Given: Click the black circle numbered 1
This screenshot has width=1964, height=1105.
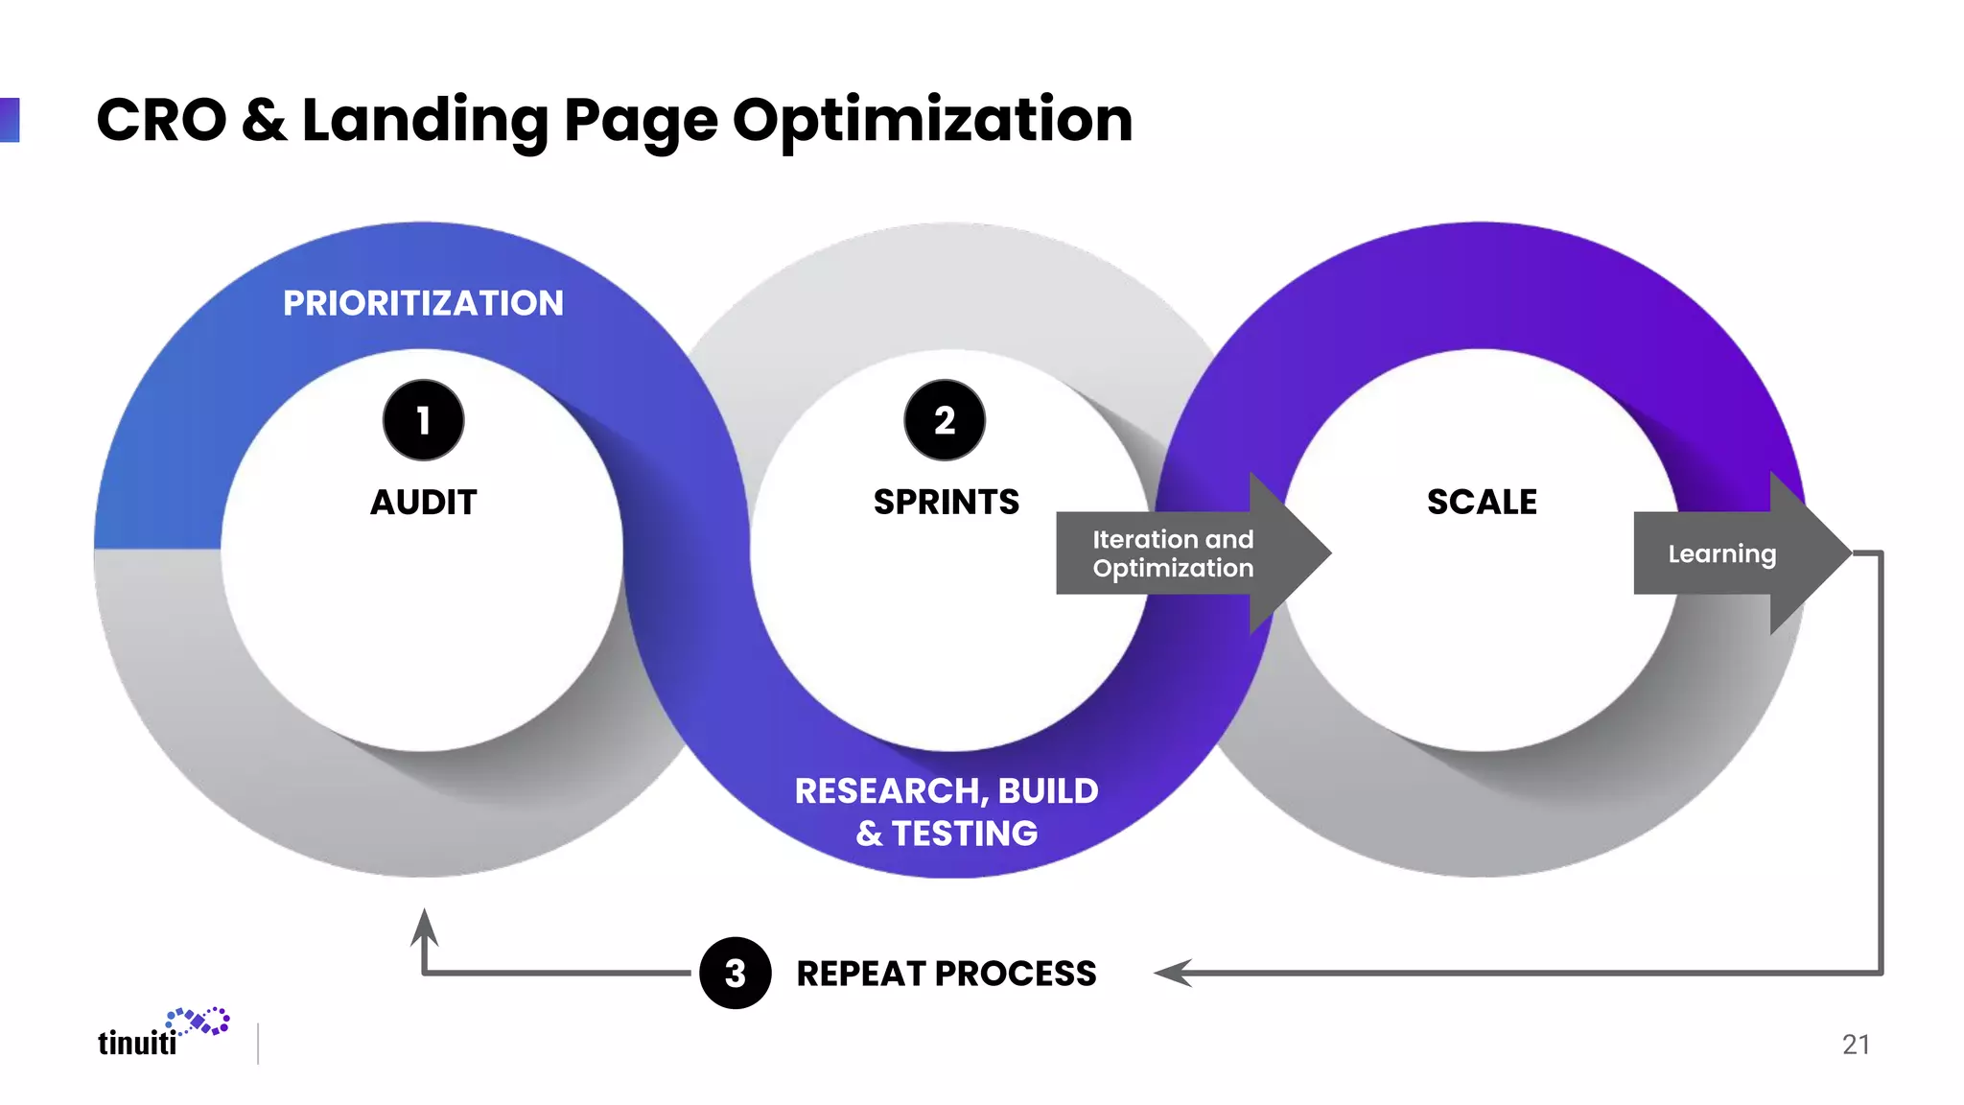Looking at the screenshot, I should (x=423, y=420).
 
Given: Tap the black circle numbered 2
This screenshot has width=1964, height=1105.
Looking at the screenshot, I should (x=945, y=420).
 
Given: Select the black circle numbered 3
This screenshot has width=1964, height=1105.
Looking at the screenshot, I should (x=736, y=973).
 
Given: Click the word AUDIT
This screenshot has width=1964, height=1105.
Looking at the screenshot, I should (x=423, y=502).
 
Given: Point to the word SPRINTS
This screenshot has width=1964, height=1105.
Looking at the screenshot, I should (x=946, y=502).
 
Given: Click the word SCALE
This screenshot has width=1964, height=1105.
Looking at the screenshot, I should (x=1482, y=502).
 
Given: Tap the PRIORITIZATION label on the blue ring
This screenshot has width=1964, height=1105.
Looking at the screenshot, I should (x=423, y=303).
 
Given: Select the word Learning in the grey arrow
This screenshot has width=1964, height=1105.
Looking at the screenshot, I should (x=1721, y=553).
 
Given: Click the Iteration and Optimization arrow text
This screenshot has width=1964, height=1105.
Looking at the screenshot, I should (x=1173, y=553).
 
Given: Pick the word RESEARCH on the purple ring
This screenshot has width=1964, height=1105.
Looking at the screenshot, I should (x=891, y=791).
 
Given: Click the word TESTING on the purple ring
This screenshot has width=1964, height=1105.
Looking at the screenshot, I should (x=965, y=834).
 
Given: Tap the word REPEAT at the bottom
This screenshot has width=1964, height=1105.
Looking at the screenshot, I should (x=859, y=974).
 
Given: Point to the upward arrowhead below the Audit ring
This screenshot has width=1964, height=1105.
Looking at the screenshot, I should (x=424, y=927).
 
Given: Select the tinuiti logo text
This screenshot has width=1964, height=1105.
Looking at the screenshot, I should (x=137, y=1043).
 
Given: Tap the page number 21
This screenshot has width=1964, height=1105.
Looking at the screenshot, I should (x=1856, y=1045).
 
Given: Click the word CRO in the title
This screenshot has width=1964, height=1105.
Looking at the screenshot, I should (x=161, y=121).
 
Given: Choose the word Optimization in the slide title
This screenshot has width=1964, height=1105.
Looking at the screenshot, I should (x=932, y=121).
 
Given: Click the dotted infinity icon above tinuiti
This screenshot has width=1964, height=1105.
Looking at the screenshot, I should (x=199, y=1022).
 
